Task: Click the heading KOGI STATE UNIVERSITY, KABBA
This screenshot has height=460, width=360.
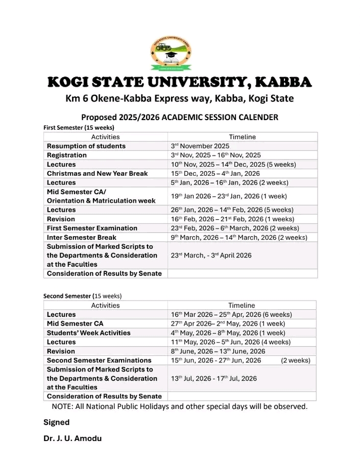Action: tap(179, 82)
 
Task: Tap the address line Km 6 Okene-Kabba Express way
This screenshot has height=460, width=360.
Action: tap(179, 98)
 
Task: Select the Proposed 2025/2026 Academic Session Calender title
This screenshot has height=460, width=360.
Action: tap(179, 117)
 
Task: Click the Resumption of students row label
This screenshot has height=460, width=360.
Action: tap(86, 146)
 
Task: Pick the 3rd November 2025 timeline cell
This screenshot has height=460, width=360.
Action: tap(200, 146)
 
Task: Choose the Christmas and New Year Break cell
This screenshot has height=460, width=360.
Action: tap(97, 174)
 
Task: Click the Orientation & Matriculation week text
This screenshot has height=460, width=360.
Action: tap(101, 201)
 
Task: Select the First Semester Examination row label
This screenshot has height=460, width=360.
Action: tap(92, 228)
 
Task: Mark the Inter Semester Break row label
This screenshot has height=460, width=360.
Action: tap(81, 238)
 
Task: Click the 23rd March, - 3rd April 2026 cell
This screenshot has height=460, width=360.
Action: tap(211, 256)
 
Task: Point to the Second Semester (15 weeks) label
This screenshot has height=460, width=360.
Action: tap(82, 296)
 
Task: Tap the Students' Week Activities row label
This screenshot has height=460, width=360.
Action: tap(88, 333)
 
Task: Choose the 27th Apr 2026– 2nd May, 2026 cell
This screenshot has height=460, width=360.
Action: tap(228, 324)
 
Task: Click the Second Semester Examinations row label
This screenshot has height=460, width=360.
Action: tap(99, 360)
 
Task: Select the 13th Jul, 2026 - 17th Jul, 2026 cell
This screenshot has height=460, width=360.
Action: tap(213, 379)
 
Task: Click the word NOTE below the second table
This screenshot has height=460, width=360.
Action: tap(62, 407)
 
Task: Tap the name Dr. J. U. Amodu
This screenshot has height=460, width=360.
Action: tap(72, 439)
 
